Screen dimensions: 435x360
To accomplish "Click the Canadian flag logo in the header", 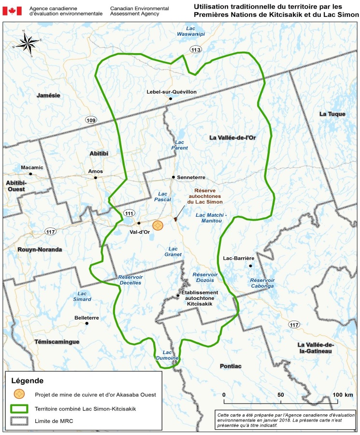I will coord(12,11).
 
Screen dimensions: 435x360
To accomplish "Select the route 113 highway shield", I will coord(196,49).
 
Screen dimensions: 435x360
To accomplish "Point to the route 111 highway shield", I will coord(129,213).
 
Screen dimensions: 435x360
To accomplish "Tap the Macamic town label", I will coord(32,168).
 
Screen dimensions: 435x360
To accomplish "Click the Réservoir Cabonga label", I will coord(263,283).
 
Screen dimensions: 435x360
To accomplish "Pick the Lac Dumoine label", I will coord(171,355).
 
